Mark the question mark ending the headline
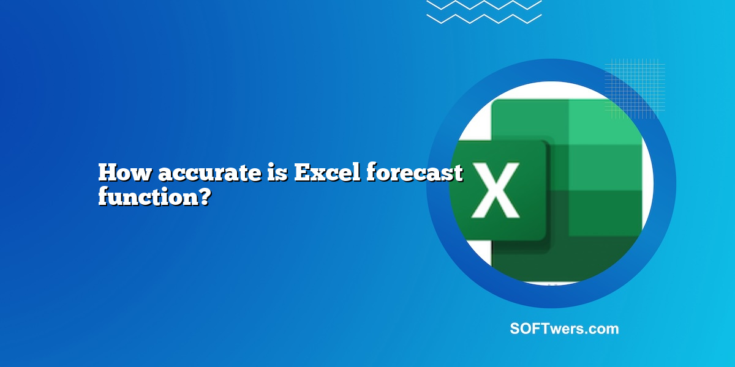pyautogui.click(x=205, y=198)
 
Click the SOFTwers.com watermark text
pyautogui.click(x=564, y=329)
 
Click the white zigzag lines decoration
pyautogui.click(x=483, y=12)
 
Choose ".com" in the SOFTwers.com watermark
pyautogui.click(x=604, y=329)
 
